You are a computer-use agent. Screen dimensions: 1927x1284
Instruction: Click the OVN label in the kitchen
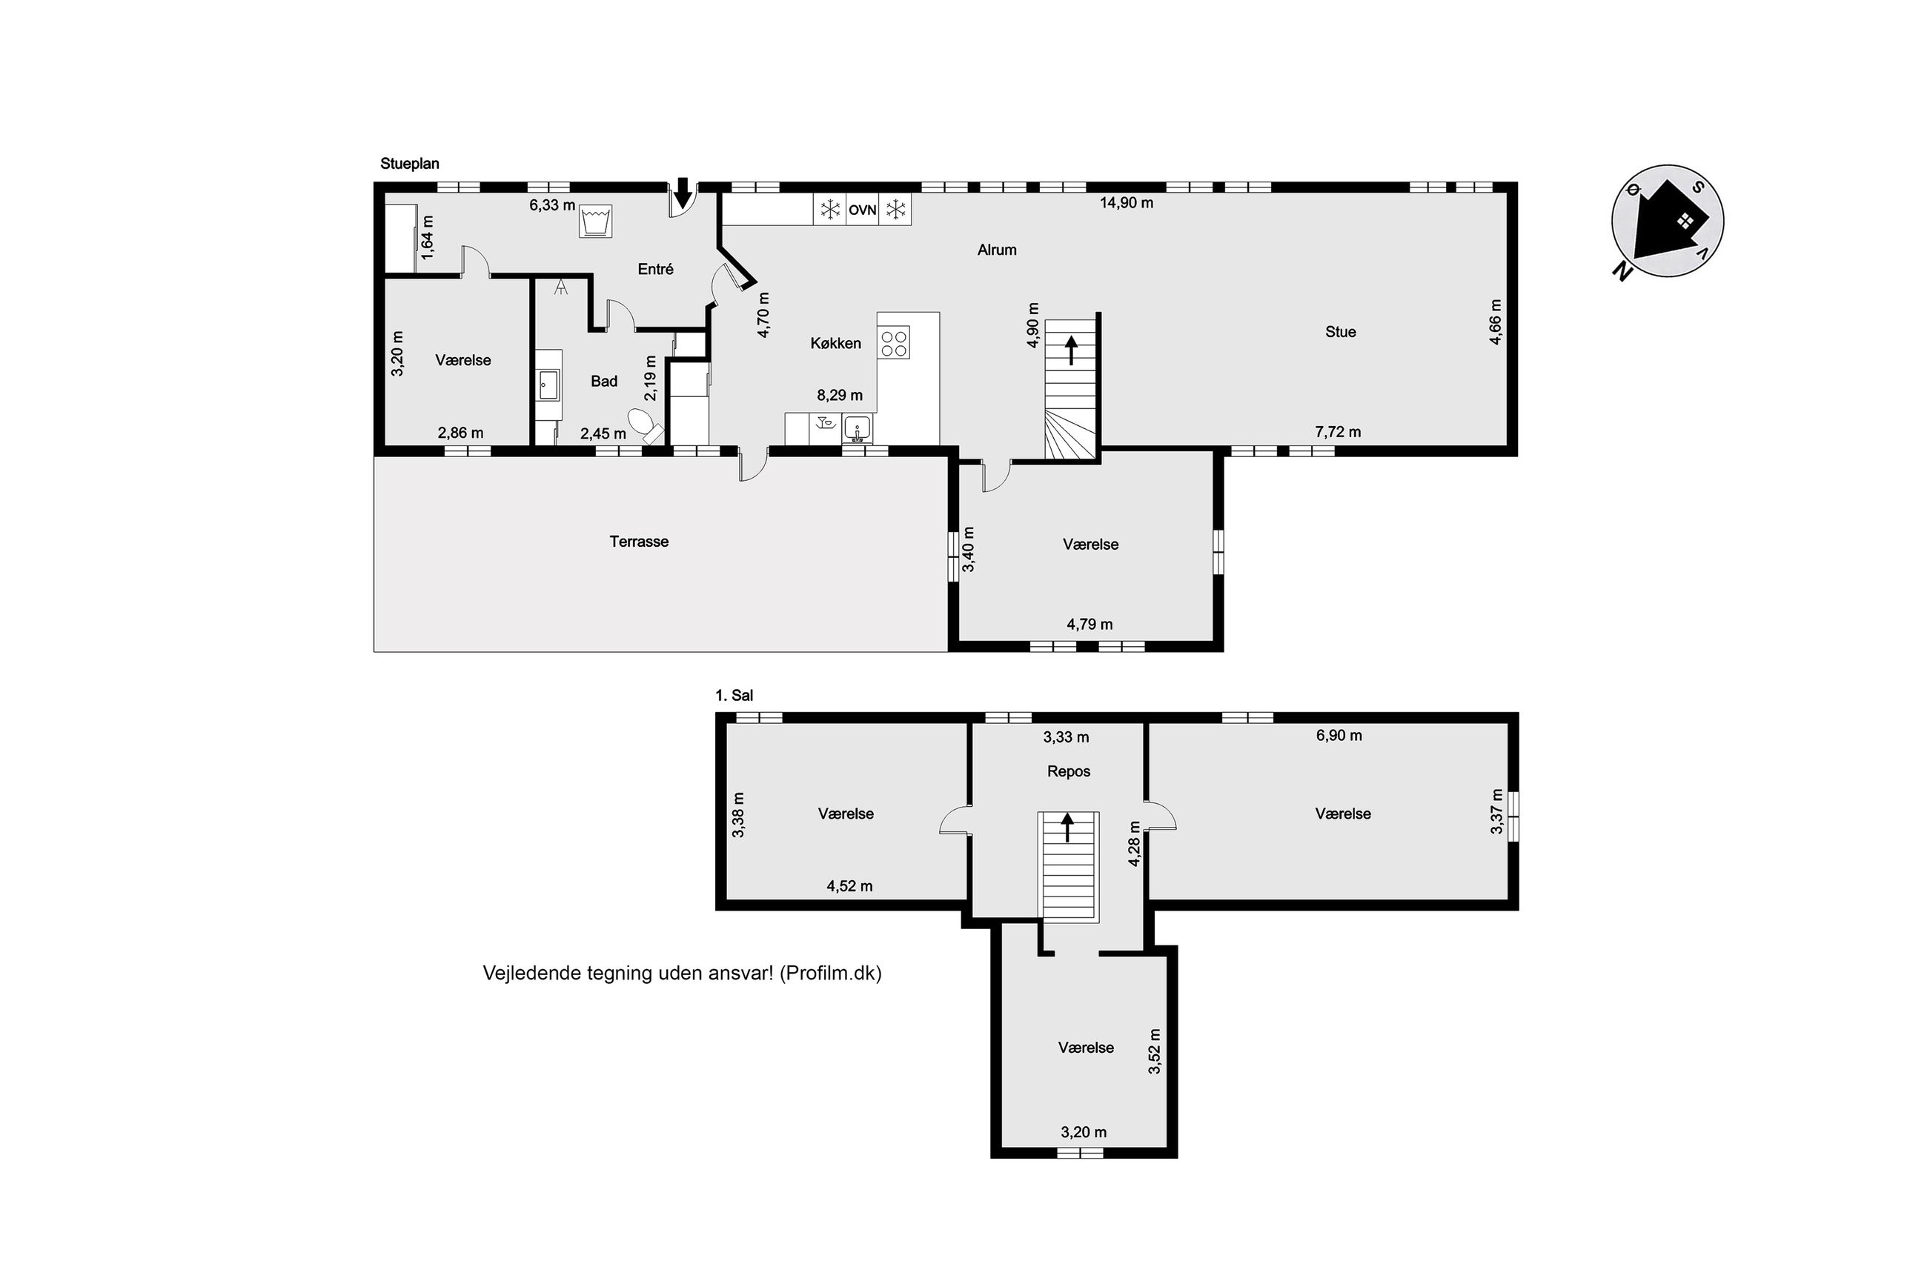point(861,210)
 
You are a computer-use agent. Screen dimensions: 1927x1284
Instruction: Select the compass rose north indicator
point(1668,220)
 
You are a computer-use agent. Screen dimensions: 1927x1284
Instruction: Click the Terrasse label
point(639,542)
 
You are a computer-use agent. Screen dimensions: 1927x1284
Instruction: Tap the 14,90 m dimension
point(1126,202)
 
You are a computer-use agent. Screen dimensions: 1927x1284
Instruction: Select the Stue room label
point(1341,332)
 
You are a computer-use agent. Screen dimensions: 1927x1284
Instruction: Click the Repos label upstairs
point(1069,771)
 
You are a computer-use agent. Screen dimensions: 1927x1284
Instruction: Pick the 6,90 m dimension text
point(1339,735)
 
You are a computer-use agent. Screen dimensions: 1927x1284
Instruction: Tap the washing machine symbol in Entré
point(595,221)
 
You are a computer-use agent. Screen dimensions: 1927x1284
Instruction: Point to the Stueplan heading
point(409,164)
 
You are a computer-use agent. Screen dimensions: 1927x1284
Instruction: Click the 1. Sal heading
point(734,695)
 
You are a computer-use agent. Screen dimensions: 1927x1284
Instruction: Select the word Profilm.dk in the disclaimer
point(830,973)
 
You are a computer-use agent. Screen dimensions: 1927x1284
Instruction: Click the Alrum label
point(997,250)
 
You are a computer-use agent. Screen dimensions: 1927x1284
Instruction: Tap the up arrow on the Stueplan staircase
point(1070,350)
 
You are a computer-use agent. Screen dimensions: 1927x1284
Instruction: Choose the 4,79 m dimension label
point(1089,624)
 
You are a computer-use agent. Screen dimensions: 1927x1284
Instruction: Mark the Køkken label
point(835,343)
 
